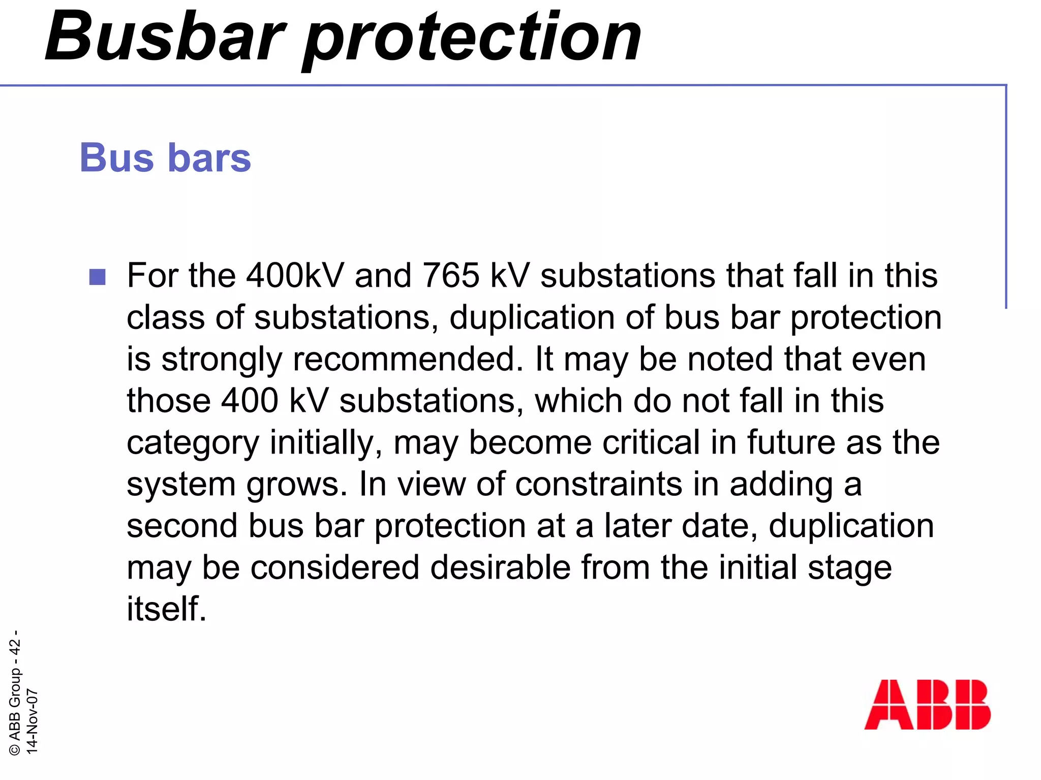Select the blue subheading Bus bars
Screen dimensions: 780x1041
(x=165, y=158)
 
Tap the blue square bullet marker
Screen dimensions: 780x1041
(x=97, y=277)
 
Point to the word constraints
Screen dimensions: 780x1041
(x=598, y=484)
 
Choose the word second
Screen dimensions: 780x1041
(x=182, y=526)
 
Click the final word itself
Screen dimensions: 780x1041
(x=166, y=609)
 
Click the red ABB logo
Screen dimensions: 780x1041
(x=927, y=704)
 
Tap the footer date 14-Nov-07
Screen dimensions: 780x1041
(x=32, y=721)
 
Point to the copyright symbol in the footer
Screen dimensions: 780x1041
(x=15, y=749)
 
